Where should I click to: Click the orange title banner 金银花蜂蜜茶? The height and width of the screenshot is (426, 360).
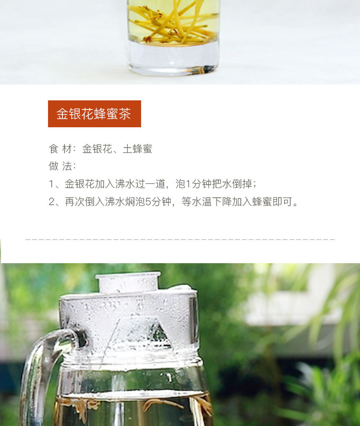tap(95, 113)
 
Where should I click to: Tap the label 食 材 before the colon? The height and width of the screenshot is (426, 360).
tap(60, 149)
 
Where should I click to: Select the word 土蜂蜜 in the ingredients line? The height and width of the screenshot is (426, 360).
tap(137, 149)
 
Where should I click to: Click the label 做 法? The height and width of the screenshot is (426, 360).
tap(60, 166)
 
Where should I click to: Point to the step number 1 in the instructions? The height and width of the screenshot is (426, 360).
tap(51, 184)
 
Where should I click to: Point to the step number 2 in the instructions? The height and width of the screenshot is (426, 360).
tap(52, 202)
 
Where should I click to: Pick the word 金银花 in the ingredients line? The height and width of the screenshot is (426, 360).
tap(97, 149)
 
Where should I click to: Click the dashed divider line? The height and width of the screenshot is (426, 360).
tap(180, 239)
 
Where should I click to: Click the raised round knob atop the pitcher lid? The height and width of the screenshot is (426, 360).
tap(128, 282)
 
